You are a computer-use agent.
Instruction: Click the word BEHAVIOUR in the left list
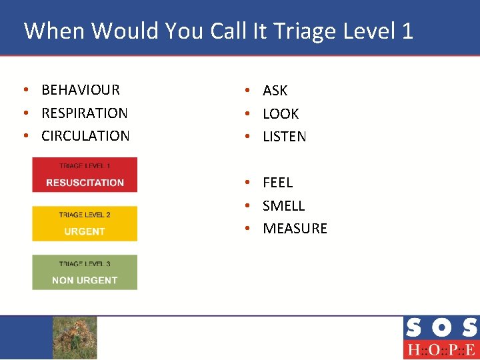coord(80,90)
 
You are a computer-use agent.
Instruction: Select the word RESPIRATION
coord(84,113)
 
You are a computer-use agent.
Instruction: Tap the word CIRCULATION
coord(85,136)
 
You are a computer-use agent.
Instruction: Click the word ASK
coord(275,91)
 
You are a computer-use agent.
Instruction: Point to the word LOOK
coord(281,114)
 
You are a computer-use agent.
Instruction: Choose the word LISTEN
coord(285,137)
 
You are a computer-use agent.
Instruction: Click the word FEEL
coord(277,183)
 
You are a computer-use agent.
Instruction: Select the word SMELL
coord(283,206)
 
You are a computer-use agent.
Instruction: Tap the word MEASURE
coord(295,229)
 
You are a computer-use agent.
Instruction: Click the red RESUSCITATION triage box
coord(85,175)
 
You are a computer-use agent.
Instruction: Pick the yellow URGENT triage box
coord(85,224)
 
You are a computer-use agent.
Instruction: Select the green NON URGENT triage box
coord(85,273)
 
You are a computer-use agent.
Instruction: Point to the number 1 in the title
coord(407,31)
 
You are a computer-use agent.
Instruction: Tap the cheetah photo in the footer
coord(75,337)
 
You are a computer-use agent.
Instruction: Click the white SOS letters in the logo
coord(441,328)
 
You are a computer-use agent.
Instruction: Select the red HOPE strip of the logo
coord(441,350)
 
